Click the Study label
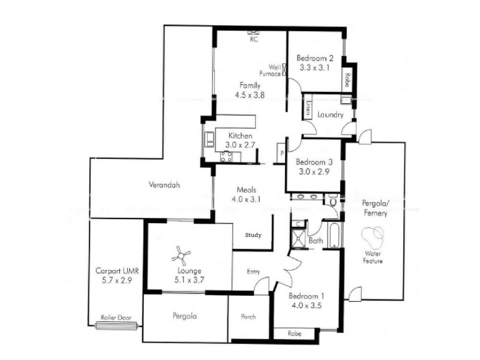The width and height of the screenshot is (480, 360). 253,235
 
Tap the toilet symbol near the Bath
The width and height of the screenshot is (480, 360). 334,203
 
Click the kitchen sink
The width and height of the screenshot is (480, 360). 208,140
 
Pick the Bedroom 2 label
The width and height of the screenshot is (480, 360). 315,58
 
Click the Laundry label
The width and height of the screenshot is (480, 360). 330,115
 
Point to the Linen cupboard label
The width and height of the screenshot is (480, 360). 307,109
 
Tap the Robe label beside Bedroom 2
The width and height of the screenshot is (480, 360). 347,79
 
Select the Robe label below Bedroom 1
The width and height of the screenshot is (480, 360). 294,334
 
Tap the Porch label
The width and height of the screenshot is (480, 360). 248,317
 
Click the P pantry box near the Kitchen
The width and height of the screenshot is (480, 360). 281,153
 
